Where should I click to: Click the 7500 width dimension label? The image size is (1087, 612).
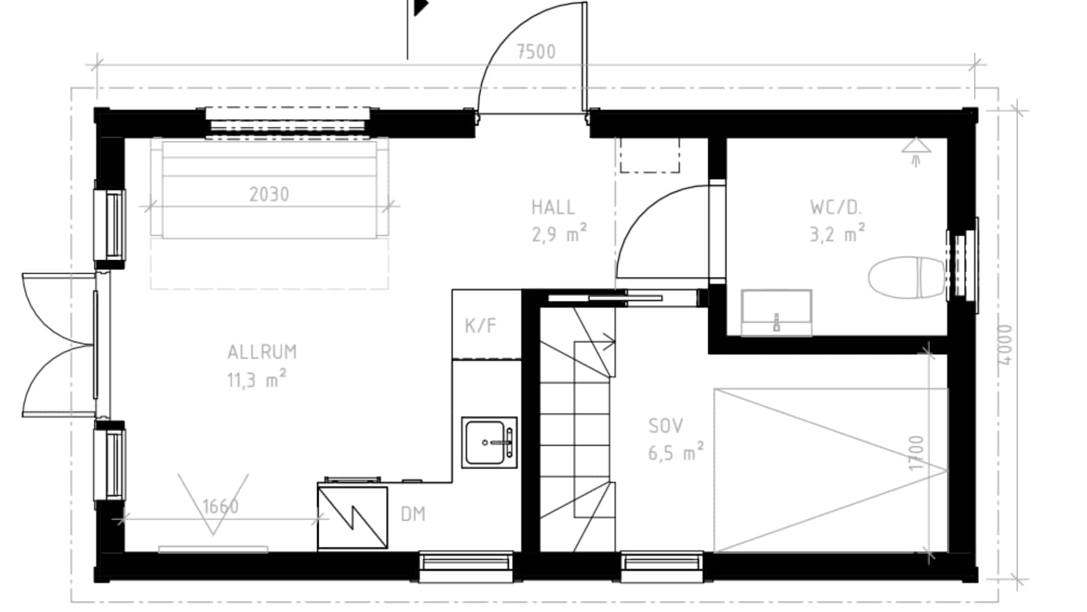(536, 52)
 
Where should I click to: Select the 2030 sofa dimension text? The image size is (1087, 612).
(269, 195)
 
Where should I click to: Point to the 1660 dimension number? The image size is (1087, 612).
(220, 506)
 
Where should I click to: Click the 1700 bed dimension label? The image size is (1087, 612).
(916, 452)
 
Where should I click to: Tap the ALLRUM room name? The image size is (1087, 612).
(262, 352)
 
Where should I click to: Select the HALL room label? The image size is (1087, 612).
(553, 207)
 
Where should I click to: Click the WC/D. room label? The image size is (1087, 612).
(836, 207)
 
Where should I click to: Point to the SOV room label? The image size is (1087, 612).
(666, 426)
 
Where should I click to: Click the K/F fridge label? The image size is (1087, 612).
(481, 326)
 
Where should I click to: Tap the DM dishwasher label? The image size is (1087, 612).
(413, 515)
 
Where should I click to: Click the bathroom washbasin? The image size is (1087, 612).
(776, 312)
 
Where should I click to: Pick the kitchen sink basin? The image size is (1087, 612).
(489, 443)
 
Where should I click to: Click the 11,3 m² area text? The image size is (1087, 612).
(256, 380)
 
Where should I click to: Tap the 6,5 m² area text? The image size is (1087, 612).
(676, 453)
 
